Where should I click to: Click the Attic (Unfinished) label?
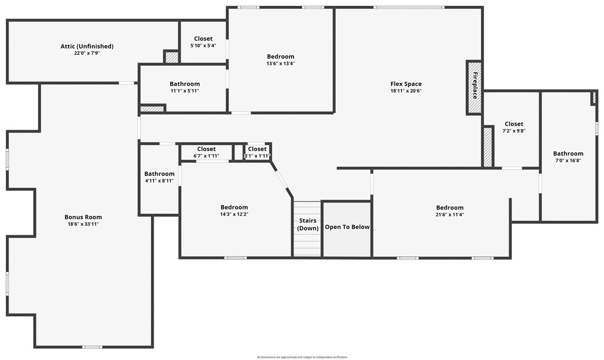(87, 46)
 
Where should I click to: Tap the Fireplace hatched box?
(474, 87)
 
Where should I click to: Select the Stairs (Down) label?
(308, 224)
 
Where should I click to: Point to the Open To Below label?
(347, 227)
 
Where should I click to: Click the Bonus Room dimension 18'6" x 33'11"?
(83, 224)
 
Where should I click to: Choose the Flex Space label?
(406, 84)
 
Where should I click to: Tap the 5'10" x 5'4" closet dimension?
(203, 45)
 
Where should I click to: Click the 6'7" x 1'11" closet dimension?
(206, 156)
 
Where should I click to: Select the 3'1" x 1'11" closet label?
(257, 149)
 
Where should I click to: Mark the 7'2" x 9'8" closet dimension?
(514, 131)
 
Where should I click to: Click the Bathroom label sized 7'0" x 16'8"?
(568, 153)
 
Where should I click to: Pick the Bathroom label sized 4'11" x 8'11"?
(159, 174)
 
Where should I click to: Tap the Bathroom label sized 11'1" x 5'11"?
(185, 84)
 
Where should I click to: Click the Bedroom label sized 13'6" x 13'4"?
(280, 57)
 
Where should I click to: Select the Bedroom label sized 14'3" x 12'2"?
(234, 207)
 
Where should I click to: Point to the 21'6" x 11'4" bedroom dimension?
(450, 215)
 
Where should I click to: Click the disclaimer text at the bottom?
(302, 357)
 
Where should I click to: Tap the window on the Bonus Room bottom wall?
(93, 347)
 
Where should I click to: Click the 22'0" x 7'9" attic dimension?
(87, 53)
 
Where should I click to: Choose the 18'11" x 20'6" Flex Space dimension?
(406, 91)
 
